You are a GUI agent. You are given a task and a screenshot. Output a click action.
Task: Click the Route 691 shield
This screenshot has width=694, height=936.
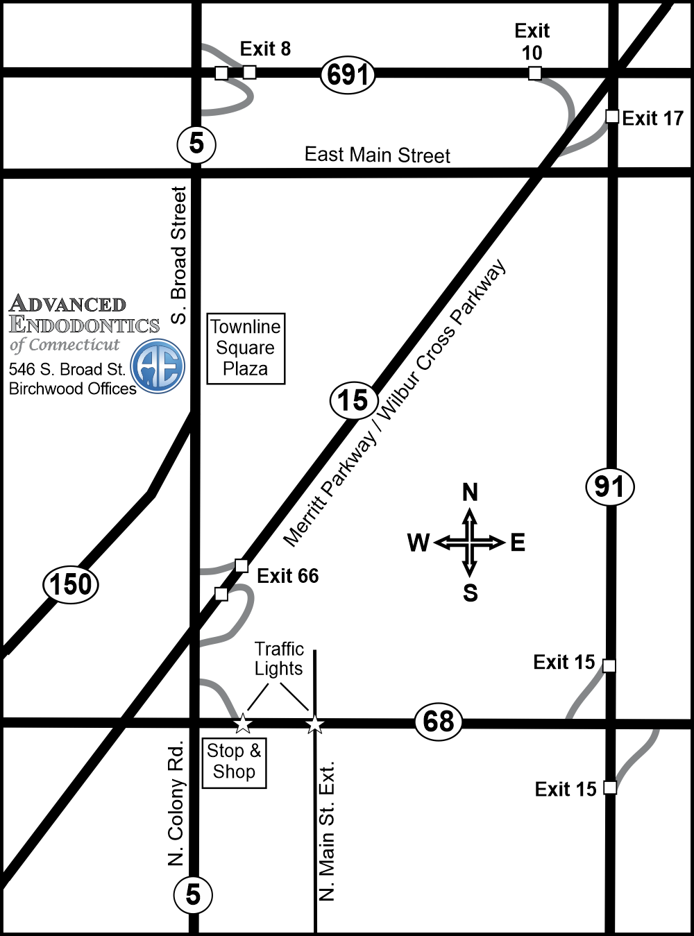point(348,74)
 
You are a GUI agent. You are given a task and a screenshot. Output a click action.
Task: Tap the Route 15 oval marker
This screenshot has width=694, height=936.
point(353,401)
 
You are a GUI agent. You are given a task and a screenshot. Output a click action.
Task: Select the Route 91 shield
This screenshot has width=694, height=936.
point(610,486)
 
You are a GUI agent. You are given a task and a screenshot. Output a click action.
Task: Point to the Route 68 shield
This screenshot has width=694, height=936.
point(439,722)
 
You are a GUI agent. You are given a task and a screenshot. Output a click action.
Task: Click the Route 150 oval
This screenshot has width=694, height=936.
point(71,584)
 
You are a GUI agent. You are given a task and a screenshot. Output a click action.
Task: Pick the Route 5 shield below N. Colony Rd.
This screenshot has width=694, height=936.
point(193,894)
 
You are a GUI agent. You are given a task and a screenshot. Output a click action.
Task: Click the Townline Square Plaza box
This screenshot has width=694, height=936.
point(246,348)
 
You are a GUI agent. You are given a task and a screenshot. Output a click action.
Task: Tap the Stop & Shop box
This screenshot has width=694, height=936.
point(234,762)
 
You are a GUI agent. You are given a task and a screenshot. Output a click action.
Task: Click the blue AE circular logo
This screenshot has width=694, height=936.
point(158,366)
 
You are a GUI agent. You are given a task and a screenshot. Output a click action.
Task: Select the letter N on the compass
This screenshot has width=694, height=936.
point(470,493)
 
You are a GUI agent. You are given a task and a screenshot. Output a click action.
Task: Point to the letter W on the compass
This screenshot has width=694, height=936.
point(418,543)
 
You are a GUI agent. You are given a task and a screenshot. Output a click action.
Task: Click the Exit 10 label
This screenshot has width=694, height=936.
point(532,42)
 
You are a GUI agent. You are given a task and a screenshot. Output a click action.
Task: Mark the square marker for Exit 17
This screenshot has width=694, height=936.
point(611,117)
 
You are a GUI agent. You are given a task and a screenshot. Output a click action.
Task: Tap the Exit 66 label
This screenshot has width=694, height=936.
point(287,576)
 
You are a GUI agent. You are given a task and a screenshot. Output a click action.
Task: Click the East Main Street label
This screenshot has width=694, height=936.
point(378,155)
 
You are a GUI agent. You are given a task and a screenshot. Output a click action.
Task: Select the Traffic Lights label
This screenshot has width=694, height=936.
point(279,658)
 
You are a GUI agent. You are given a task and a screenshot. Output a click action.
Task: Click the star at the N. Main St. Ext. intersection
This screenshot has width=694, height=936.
point(315,724)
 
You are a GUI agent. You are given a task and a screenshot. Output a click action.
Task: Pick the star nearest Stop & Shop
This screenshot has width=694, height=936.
point(242,724)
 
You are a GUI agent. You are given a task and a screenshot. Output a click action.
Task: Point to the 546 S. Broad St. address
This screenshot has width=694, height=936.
point(67,369)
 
